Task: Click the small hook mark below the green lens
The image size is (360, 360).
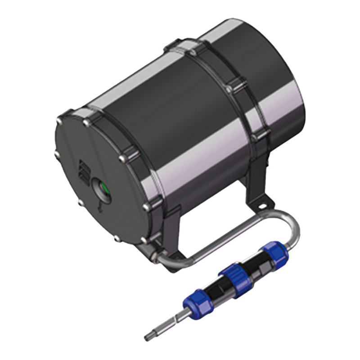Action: click(100, 206)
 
